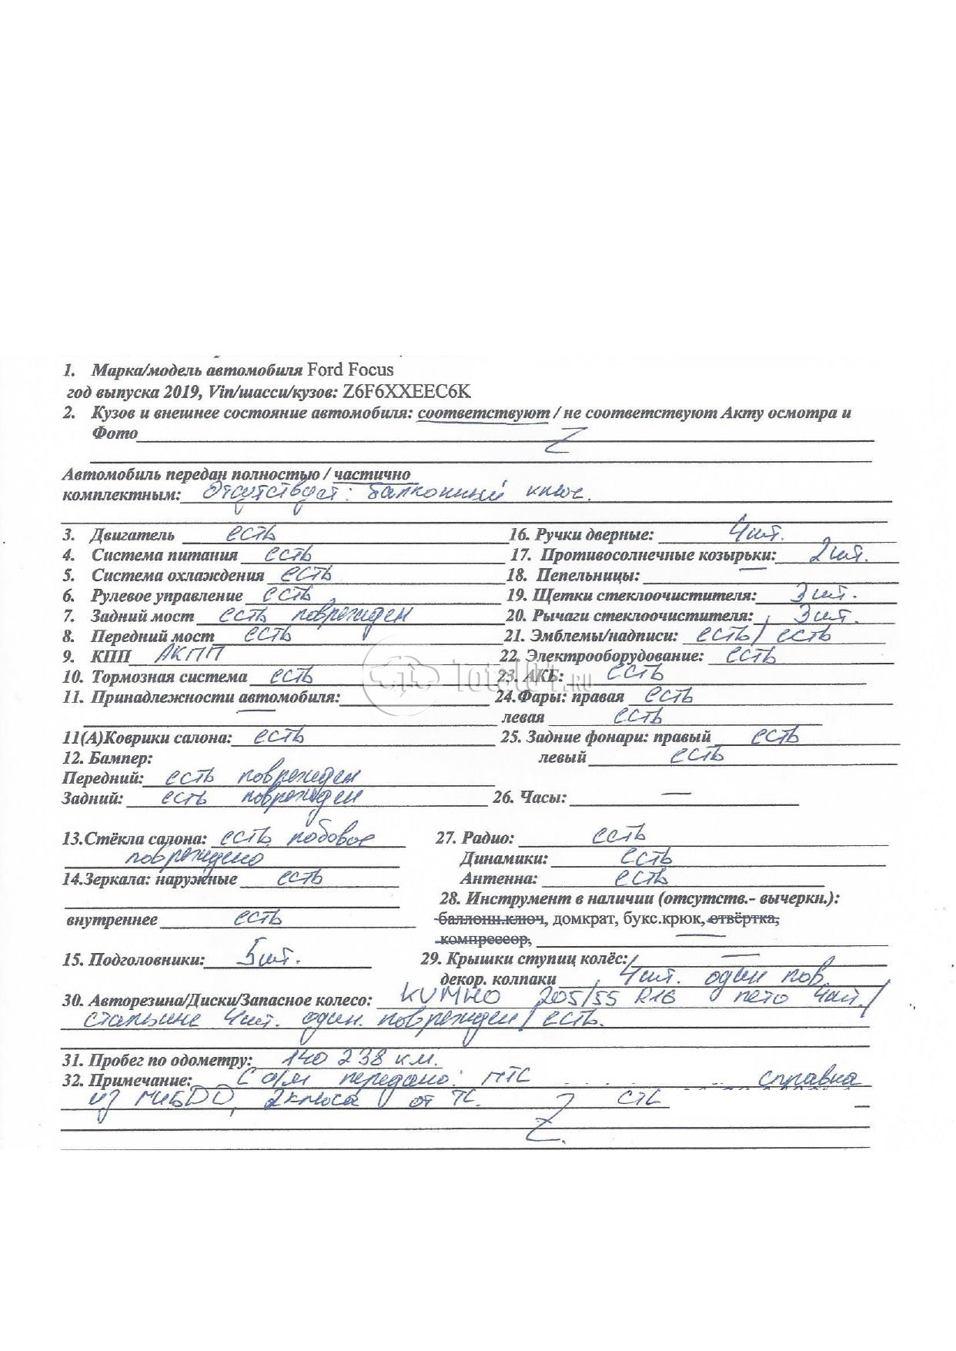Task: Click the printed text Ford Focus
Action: click(350, 370)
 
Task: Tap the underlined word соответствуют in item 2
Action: click(483, 413)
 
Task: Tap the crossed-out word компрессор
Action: click(483, 939)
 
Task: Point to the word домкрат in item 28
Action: click(578, 919)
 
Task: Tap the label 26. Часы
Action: click(530, 798)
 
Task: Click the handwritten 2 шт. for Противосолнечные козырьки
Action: click(832, 552)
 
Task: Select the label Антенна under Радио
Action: click(498, 878)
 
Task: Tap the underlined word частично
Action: click(373, 474)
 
